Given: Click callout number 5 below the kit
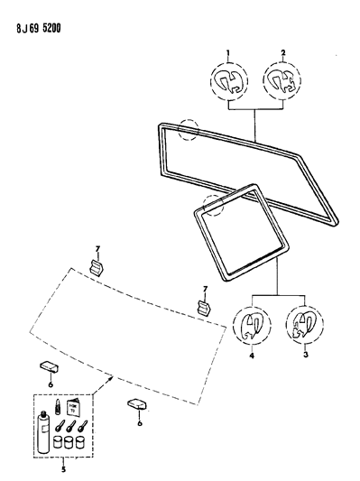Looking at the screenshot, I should click(62, 468).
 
